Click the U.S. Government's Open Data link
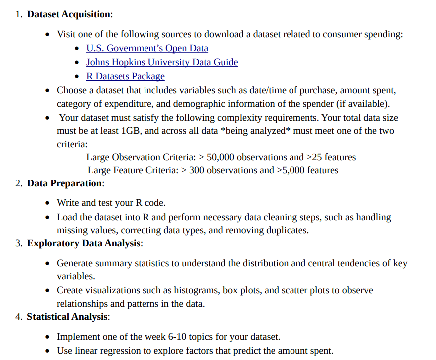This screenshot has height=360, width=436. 147,48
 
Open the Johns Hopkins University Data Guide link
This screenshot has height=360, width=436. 162,62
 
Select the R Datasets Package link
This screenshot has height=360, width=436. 125,76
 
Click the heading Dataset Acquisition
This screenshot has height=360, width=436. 69,14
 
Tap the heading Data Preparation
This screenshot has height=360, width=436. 65,183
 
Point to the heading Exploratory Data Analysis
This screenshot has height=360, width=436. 84,243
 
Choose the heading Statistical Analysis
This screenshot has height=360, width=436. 67,317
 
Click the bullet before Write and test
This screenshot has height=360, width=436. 47,203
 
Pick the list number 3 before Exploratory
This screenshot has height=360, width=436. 18,243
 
